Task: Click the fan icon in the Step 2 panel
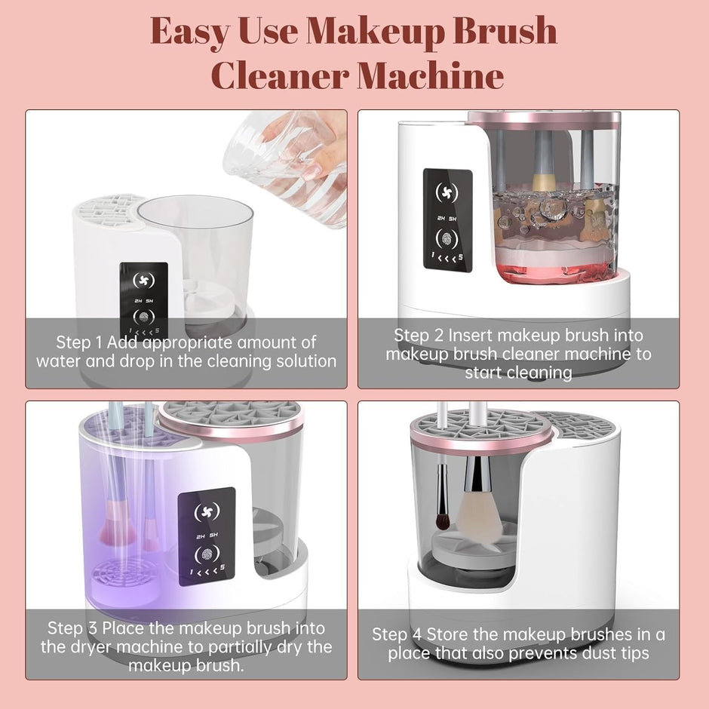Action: [448, 192]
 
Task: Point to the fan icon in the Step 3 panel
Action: [206, 510]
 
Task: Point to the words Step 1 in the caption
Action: [81, 342]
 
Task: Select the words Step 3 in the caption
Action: [72, 628]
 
